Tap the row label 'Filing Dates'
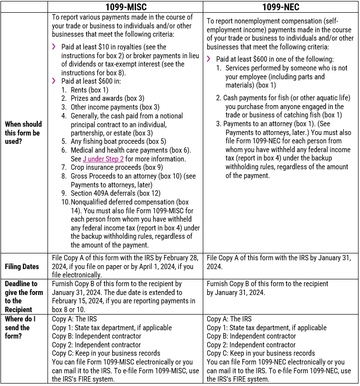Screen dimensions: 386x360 pos(22,267)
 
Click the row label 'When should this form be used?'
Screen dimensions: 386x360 pos(23,133)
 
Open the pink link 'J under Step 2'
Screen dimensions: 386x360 pos(103,159)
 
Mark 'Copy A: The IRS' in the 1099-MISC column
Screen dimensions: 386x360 pos(74,319)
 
